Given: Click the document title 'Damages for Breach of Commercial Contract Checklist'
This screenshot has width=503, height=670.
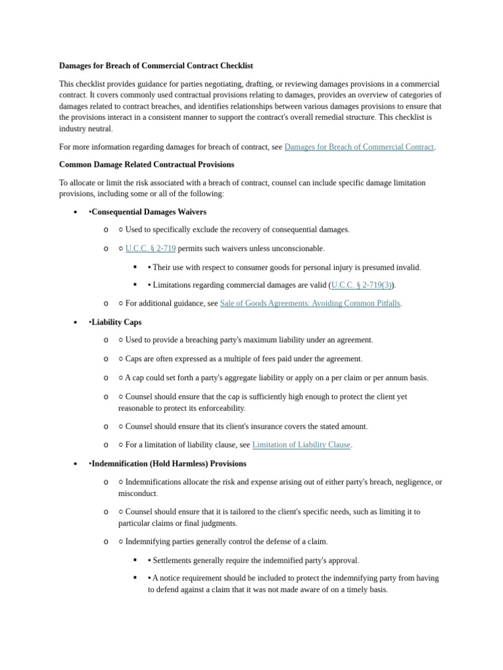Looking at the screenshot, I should [156, 66].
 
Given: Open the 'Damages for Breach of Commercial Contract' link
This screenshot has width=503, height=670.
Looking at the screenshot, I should [359, 147].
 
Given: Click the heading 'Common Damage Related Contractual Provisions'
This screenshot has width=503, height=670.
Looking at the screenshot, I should [146, 165].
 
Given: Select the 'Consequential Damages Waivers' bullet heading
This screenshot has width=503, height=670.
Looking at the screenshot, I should [149, 212].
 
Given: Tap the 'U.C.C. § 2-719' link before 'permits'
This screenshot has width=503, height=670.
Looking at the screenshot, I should [150, 249].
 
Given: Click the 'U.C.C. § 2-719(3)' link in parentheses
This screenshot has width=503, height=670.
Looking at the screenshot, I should [362, 285].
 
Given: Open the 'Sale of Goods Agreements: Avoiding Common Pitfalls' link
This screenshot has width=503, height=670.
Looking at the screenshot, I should [310, 304].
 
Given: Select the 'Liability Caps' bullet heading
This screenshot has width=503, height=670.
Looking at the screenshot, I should [116, 323].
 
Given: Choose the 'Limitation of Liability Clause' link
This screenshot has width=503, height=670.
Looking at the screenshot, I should [301, 445].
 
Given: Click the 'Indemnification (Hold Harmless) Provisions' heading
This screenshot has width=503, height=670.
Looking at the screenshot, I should [169, 464].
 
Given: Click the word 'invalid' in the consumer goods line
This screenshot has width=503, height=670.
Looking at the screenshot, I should [408, 267].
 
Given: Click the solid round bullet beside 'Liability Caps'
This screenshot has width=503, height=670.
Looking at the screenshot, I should [76, 323].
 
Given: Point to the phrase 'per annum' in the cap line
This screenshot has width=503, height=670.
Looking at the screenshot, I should [386, 378].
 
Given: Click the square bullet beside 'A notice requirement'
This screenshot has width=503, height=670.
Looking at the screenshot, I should [136, 578].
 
